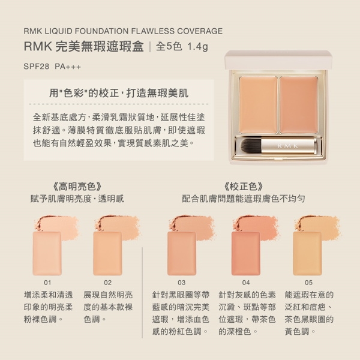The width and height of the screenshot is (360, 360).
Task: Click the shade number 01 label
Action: click(x=47, y=283)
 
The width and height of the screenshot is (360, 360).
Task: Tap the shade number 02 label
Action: click(x=107, y=283)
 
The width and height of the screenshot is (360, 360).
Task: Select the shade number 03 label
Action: click(x=181, y=283)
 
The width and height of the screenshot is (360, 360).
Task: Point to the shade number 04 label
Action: click(x=246, y=283)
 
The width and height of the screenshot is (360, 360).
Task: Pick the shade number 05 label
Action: click(x=308, y=283)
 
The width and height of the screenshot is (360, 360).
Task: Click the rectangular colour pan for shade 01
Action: click(x=47, y=253)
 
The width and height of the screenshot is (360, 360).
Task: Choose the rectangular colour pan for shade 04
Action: click(x=245, y=253)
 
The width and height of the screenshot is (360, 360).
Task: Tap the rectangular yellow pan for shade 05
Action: click(x=307, y=253)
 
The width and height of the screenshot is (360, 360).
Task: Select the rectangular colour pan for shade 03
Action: click(x=182, y=253)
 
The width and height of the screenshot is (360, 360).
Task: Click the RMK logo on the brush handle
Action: click(x=287, y=146)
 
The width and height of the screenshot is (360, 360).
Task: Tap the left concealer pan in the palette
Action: click(x=258, y=105)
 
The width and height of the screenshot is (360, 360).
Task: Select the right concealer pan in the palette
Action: click(x=299, y=105)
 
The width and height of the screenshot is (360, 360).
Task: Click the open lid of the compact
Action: click(x=278, y=60)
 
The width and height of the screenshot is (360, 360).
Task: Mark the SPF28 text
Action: click(x=36, y=67)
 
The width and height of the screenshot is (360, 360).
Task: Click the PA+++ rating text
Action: click(x=68, y=67)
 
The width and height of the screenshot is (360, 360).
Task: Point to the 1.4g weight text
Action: click(x=197, y=47)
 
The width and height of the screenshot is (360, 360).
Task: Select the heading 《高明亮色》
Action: click(x=77, y=187)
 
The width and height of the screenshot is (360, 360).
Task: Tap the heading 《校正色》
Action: click(x=244, y=187)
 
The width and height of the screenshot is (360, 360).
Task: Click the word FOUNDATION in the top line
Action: click(x=102, y=31)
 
